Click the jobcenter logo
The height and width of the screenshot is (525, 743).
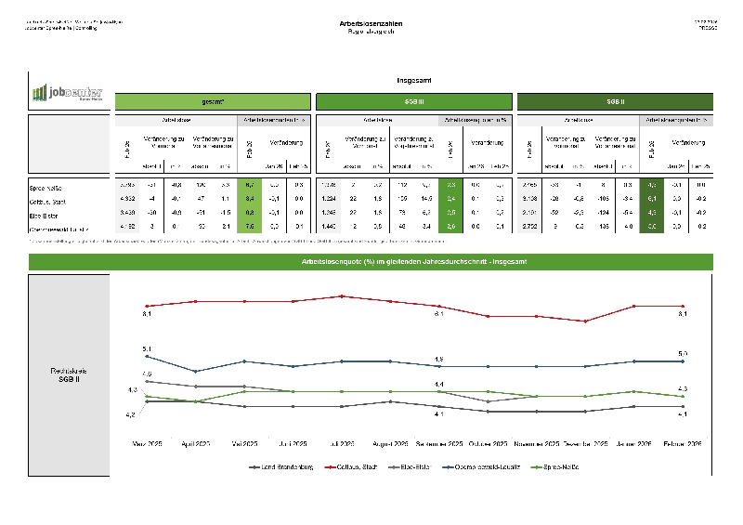click(68, 93)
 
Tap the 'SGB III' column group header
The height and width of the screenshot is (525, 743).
click(413, 100)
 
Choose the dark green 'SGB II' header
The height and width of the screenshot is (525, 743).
click(614, 100)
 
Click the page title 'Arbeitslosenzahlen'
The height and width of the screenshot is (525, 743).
click(371, 22)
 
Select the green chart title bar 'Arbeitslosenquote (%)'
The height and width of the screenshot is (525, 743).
click(371, 263)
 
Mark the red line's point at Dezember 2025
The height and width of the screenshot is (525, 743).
click(584, 322)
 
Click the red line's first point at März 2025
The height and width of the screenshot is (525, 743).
click(147, 306)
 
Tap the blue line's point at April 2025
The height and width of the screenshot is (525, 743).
click(195, 371)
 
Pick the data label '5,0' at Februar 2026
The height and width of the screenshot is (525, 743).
click(683, 353)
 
